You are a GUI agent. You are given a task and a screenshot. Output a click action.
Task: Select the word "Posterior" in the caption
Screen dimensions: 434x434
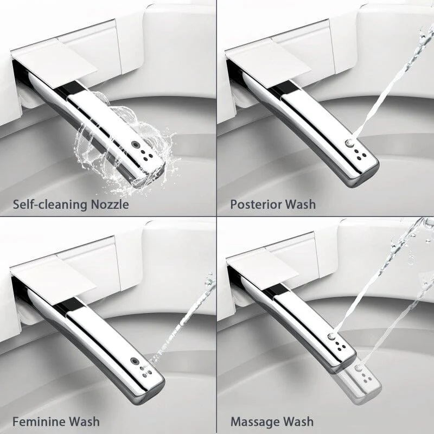click(x=256, y=205)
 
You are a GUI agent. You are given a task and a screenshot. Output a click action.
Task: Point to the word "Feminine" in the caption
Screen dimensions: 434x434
click(x=39, y=422)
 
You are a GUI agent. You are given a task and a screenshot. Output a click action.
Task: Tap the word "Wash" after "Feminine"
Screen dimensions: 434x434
click(x=84, y=422)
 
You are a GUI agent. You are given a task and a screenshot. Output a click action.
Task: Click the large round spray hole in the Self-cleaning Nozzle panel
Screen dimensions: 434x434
click(x=135, y=144)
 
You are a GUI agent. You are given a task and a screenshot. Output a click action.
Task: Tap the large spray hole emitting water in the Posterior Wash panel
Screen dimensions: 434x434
click(x=350, y=143)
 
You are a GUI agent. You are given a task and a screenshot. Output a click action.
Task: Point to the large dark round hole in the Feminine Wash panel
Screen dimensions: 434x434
click(x=135, y=361)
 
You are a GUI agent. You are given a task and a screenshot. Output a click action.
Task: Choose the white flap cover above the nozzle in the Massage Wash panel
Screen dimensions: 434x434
click(x=263, y=271)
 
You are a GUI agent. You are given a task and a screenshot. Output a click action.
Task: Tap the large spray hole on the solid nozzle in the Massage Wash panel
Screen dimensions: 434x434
click(x=331, y=336)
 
